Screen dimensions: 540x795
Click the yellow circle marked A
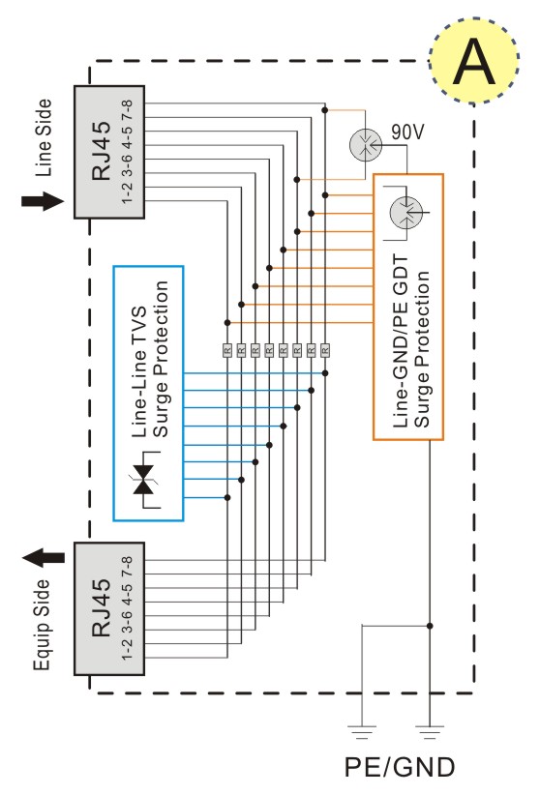474,61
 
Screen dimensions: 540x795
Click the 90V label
407,132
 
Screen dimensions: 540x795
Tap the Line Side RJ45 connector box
109,152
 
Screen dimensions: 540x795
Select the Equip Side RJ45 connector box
109,608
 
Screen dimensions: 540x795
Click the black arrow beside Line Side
43,201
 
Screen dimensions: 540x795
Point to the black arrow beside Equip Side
44,558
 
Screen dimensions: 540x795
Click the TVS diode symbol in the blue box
146,480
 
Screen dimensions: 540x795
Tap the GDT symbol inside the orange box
407,213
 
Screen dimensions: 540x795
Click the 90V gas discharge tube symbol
365,144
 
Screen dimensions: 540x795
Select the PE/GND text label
400,767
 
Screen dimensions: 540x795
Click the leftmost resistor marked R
227,349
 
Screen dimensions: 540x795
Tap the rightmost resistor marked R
325,349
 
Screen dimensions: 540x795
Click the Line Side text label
44,137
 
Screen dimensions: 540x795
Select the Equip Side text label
43,625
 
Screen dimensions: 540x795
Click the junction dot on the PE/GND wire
430,626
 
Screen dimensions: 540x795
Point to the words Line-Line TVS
139,371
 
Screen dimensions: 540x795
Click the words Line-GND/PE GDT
401,341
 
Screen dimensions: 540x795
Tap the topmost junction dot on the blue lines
325,373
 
